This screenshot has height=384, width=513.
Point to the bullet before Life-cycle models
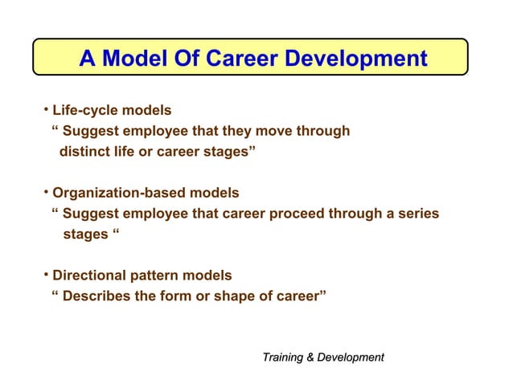click(47, 109)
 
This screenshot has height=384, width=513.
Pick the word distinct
click(86, 152)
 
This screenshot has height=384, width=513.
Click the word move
click(282, 131)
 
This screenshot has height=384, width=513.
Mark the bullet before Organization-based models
click(47, 193)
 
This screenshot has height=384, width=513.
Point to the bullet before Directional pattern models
click(47, 276)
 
